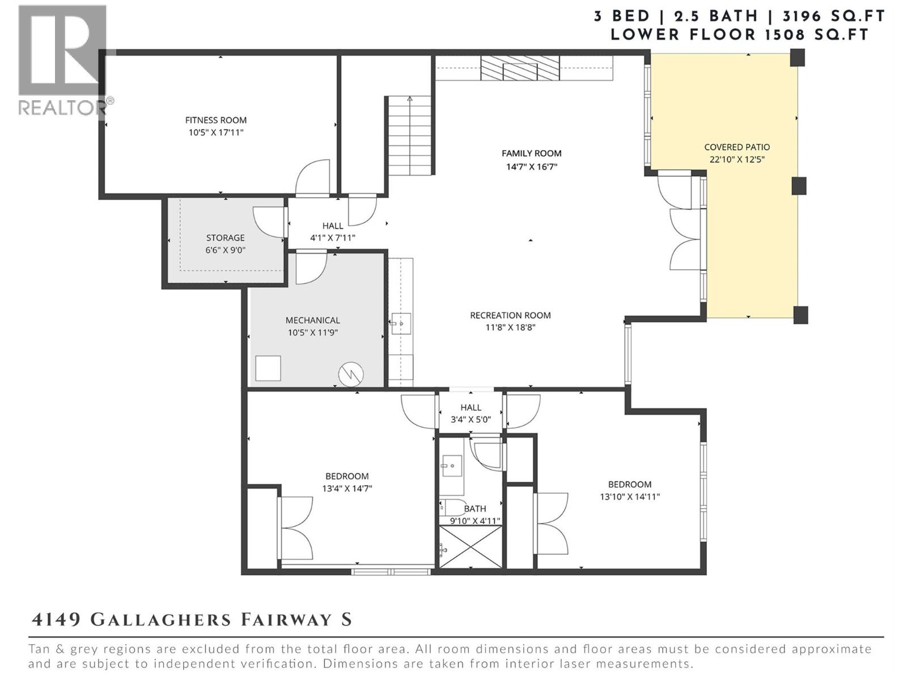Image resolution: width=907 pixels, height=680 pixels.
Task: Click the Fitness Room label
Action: (215, 120)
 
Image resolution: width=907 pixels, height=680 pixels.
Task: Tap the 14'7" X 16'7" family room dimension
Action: (531, 167)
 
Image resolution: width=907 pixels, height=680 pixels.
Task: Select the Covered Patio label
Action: (737, 147)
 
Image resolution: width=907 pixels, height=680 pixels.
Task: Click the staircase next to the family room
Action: (410, 136)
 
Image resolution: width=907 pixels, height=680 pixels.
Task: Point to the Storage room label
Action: (225, 238)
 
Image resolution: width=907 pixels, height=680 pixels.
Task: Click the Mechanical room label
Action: (312, 321)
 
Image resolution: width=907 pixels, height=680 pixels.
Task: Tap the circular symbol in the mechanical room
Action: (351, 374)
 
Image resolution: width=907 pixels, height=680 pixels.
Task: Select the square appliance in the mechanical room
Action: (268, 368)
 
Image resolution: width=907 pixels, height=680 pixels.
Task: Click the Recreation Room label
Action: (510, 316)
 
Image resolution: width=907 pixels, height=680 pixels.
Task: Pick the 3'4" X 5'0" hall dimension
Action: (471, 420)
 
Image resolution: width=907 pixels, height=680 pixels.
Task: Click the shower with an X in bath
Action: (471, 546)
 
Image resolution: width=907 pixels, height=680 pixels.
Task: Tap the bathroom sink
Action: (452, 466)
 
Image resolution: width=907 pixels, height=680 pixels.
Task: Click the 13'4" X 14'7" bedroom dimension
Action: (347, 488)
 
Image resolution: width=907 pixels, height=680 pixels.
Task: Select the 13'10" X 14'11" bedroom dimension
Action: (630, 497)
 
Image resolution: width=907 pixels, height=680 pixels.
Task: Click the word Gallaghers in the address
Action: (161, 619)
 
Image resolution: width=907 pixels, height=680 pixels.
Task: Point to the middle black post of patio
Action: (799, 186)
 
